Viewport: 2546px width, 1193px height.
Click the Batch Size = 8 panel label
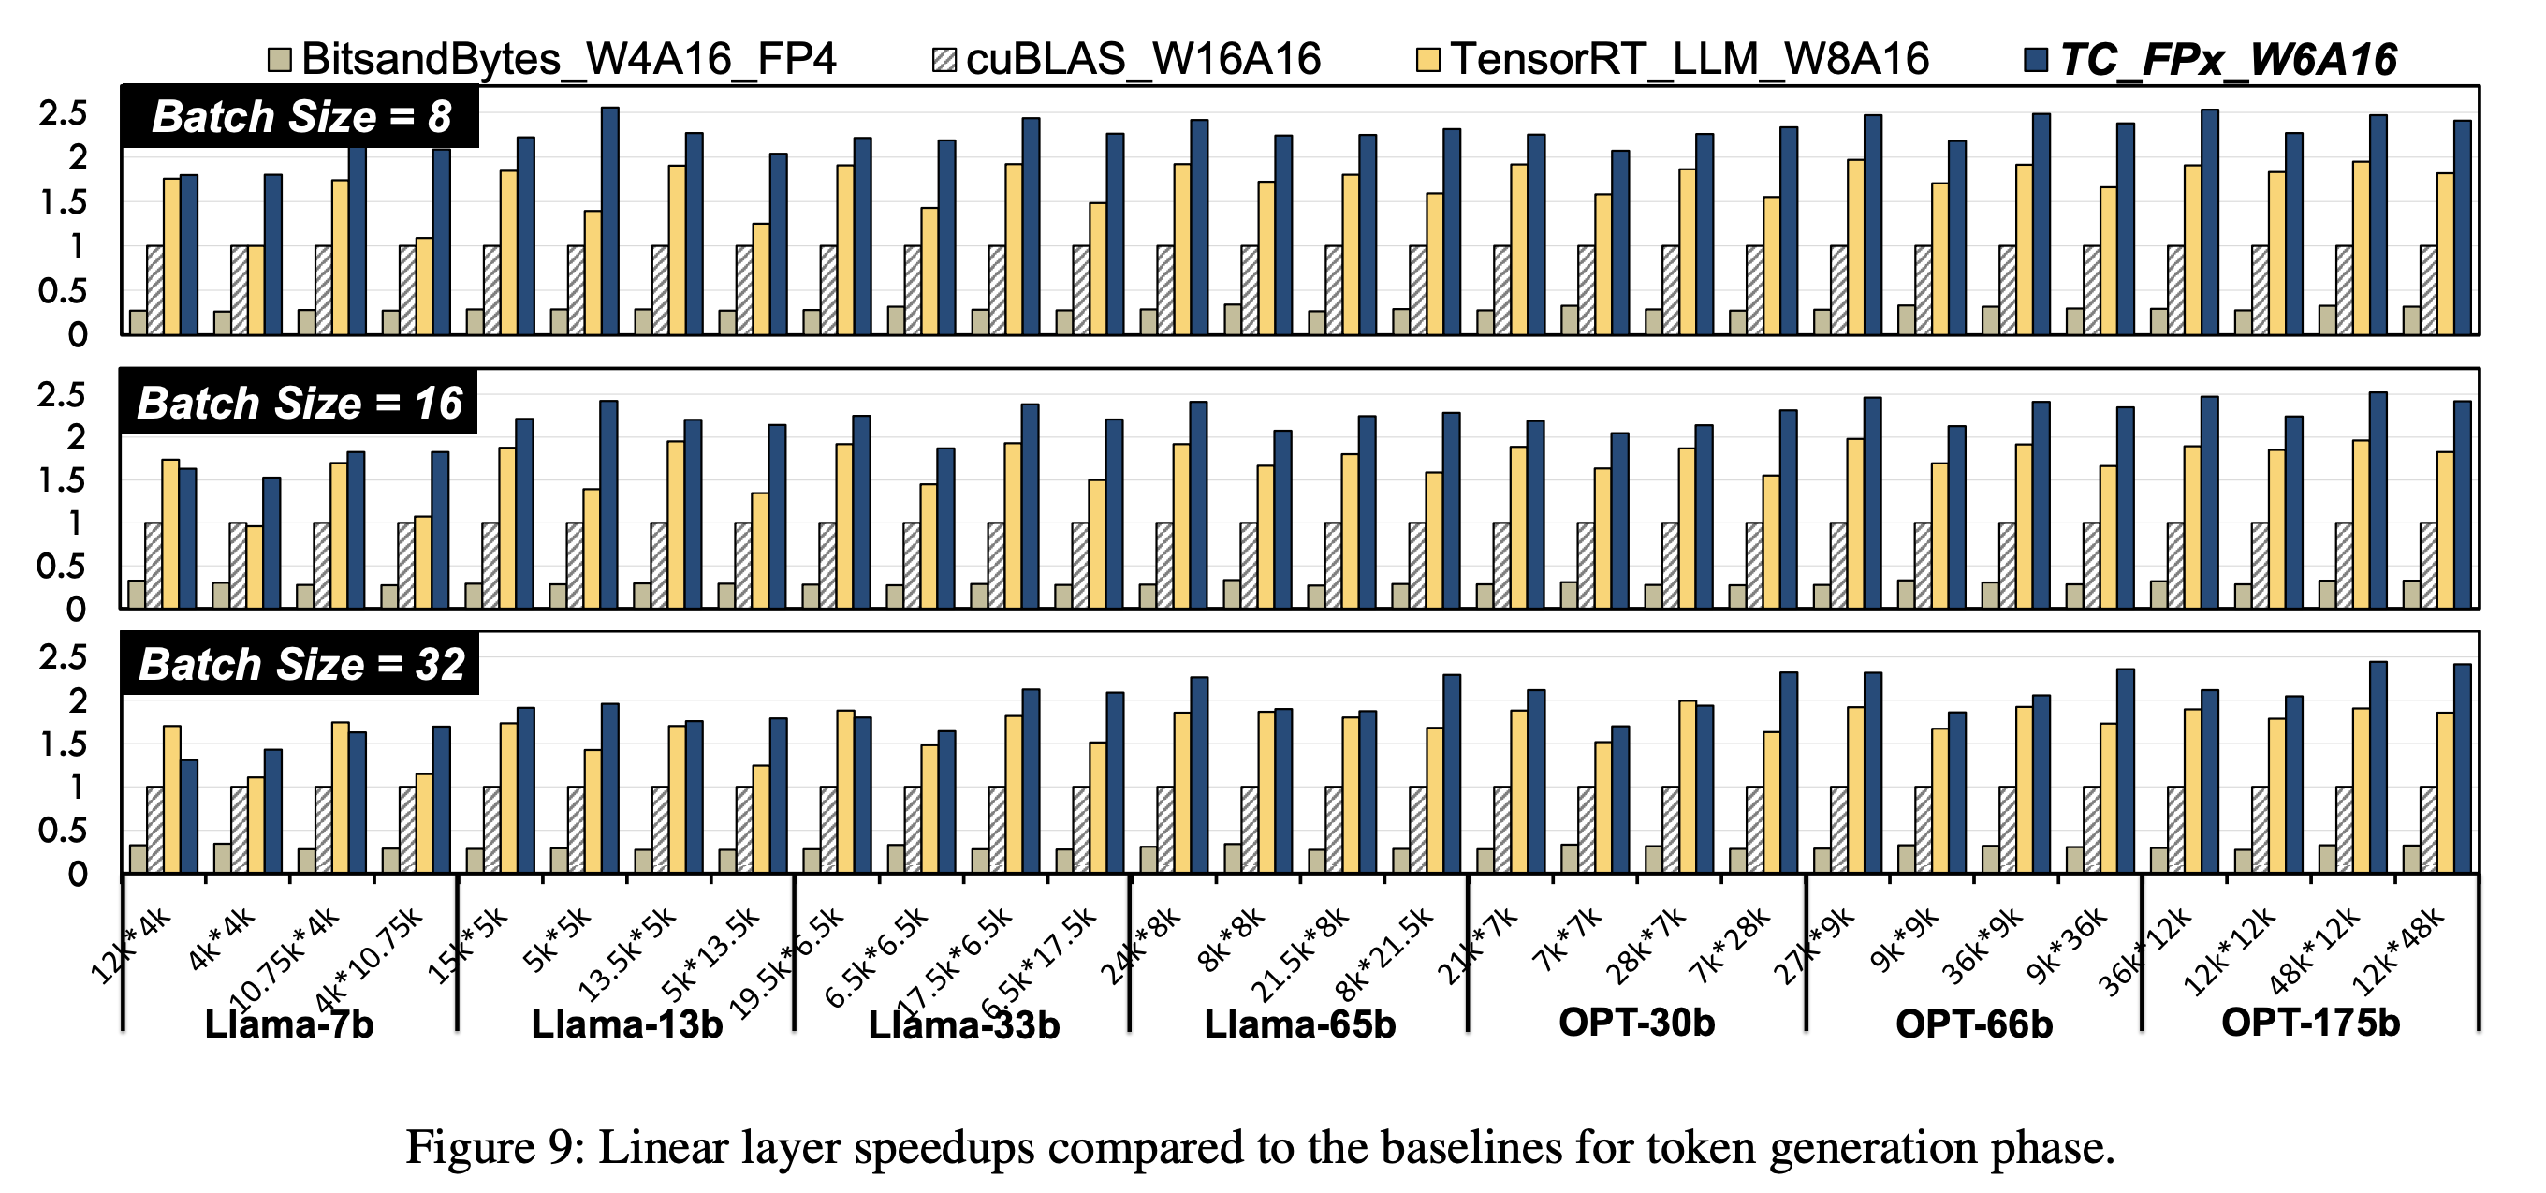300,117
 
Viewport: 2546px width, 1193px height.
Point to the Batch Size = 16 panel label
299,403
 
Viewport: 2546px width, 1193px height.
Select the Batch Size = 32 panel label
300,663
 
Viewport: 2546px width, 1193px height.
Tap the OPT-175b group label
2310,1022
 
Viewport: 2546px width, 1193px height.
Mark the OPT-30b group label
1637,1022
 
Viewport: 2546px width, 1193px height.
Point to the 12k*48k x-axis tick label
2396,950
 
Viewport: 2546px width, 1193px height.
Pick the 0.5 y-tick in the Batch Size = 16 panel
61,567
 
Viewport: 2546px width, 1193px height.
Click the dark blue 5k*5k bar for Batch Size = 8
609,221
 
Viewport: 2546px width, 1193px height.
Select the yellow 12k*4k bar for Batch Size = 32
172,799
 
